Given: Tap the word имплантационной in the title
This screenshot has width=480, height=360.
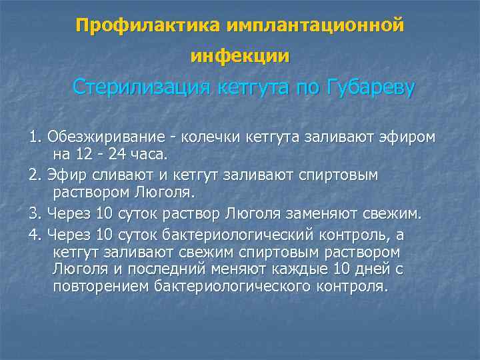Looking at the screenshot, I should (x=315, y=26).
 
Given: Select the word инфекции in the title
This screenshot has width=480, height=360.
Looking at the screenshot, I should (x=240, y=57).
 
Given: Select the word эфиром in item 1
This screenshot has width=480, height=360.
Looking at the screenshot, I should (x=409, y=137).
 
